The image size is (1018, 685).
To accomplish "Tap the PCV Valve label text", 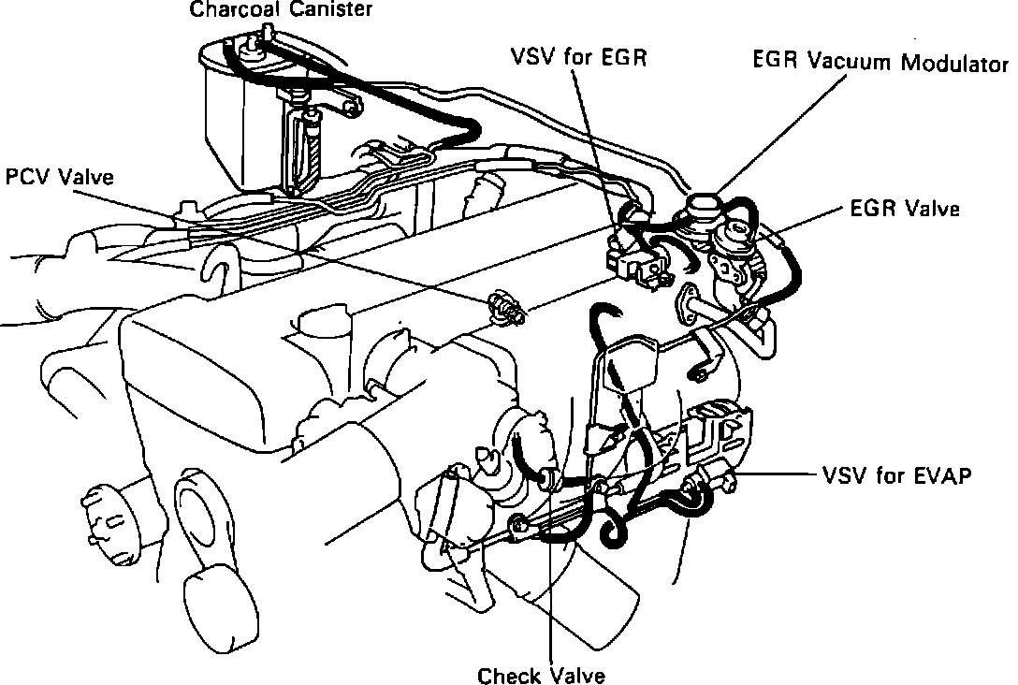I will coord(60,177).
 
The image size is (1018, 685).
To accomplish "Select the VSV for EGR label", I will coord(579,58).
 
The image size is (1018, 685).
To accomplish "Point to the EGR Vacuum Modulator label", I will coord(880,64).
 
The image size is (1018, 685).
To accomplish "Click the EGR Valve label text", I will coord(905,209).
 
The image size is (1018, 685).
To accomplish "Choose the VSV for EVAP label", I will coord(896,474).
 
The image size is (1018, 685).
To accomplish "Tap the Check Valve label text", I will coord(541,675).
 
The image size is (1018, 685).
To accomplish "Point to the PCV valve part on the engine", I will coord(504,305).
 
